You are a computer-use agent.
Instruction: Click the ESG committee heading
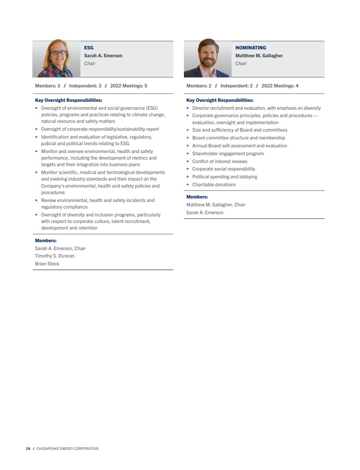[x=89, y=48]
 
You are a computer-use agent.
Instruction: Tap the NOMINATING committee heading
[x=251, y=48]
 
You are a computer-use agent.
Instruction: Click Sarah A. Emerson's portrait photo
[x=56, y=59]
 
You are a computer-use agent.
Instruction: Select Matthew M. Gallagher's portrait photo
[x=207, y=59]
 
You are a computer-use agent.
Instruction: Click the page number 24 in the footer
[x=28, y=449]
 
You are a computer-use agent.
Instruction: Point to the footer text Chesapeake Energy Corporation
[x=67, y=449]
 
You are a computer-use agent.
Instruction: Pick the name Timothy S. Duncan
[x=55, y=256]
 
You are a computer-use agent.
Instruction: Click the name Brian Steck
[x=47, y=264]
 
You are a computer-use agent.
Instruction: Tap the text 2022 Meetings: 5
[x=128, y=86]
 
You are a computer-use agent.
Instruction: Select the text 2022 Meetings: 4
[x=280, y=86]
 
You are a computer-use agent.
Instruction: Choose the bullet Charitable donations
[x=214, y=185]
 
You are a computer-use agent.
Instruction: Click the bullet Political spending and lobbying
[x=225, y=177]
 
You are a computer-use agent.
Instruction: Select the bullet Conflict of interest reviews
[x=219, y=161]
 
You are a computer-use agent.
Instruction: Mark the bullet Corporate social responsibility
[x=223, y=169]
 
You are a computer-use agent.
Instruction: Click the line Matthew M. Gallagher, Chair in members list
[x=216, y=205]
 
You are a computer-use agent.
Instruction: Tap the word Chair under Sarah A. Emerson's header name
[x=90, y=63]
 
